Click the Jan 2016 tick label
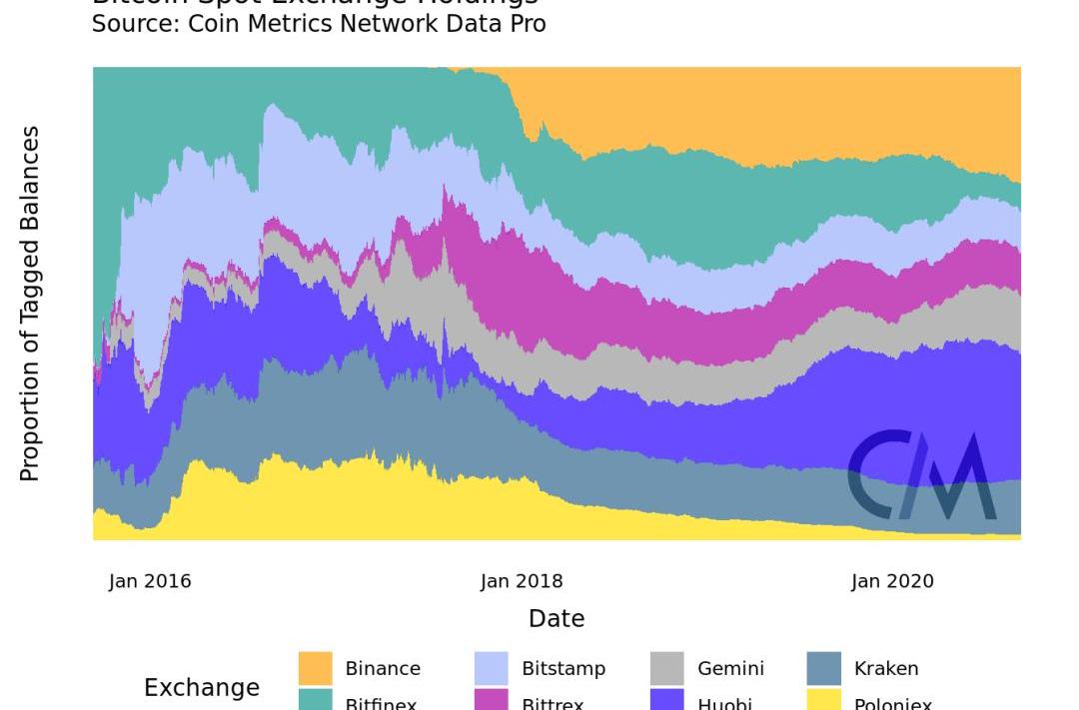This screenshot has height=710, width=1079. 150,581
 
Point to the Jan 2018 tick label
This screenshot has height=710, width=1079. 522,581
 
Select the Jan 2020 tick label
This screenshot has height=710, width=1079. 892,581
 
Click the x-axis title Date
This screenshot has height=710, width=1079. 556,619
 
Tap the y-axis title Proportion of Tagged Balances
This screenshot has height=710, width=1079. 30,304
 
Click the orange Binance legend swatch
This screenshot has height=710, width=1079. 316,668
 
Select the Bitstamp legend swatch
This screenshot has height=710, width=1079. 492,668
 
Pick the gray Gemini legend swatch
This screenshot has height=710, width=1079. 667,668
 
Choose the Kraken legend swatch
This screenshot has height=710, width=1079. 823,668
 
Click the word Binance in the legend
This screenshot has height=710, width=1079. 383,669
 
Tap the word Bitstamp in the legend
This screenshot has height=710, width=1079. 563,669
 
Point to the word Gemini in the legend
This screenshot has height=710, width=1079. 730,669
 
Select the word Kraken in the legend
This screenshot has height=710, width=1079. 886,669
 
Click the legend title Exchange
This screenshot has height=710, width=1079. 202,688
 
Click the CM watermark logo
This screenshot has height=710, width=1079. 922,475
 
